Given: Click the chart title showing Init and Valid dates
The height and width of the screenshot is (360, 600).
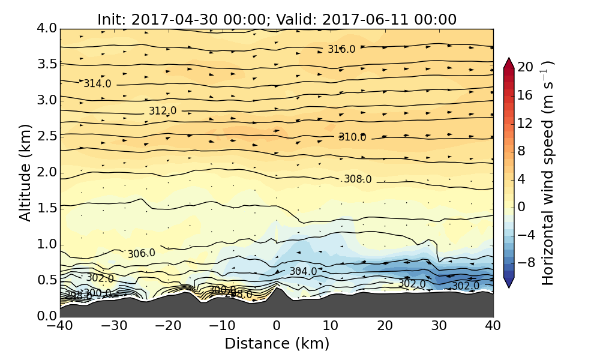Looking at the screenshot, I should (x=277, y=19).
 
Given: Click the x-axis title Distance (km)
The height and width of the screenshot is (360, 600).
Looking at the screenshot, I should (x=277, y=344).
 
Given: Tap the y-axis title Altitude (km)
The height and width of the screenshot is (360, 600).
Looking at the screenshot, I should (x=25, y=172).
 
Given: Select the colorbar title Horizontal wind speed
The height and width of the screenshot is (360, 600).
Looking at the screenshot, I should (x=547, y=173).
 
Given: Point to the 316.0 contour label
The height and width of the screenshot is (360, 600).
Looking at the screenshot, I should (x=341, y=49).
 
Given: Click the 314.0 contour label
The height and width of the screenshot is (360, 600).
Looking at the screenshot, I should (x=97, y=83).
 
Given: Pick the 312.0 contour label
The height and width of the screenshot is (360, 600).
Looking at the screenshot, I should (x=163, y=111).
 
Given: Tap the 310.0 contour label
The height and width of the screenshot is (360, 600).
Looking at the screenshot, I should (x=352, y=137).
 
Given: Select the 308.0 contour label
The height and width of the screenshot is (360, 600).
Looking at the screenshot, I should (x=358, y=179).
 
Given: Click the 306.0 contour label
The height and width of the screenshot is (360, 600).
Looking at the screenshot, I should (x=142, y=254).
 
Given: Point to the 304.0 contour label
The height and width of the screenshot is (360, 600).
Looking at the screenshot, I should (x=303, y=271).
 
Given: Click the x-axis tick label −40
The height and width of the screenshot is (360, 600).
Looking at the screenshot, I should (x=60, y=326).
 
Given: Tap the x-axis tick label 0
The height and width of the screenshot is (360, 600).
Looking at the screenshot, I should (x=277, y=326).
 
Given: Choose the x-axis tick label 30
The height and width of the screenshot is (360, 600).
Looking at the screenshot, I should (x=439, y=326).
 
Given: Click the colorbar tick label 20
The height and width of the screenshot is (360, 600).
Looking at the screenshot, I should (x=526, y=67).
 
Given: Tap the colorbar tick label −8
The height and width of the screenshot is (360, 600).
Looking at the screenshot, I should (x=526, y=263).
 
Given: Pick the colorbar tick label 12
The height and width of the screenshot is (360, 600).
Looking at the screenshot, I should (x=526, y=123).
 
